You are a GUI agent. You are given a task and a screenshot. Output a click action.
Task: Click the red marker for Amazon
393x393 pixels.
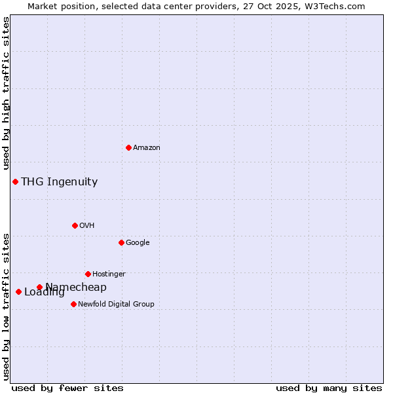pyautogui.click(x=128, y=147)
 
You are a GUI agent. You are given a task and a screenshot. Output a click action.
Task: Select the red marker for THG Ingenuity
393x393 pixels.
pyautogui.click(x=15, y=181)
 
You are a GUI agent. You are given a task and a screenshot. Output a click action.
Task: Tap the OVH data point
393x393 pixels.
pyautogui.click(x=75, y=225)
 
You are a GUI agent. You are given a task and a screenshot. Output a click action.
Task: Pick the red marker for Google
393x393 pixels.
pyautogui.click(x=121, y=242)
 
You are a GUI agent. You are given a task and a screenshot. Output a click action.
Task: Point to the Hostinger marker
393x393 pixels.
pyautogui.click(x=88, y=274)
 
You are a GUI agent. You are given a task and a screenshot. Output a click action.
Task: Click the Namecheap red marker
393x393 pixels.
pyautogui.click(x=39, y=287)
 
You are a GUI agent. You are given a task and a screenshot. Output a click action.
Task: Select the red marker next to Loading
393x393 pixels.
pyautogui.click(x=18, y=291)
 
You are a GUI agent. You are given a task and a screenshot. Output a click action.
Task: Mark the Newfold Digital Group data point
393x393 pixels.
pyautogui.click(x=73, y=304)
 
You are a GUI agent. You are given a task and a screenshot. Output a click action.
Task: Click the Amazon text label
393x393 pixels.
pyautogui.click(x=147, y=148)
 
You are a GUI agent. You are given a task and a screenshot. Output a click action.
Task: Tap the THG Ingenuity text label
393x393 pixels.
pyautogui.click(x=60, y=182)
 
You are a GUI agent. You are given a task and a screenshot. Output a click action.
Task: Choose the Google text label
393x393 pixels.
pyautogui.click(x=138, y=243)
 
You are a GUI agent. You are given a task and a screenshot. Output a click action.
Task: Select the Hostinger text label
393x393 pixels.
pyautogui.click(x=109, y=274)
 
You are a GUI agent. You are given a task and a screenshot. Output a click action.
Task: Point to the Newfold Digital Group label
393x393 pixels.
pyautogui.click(x=116, y=305)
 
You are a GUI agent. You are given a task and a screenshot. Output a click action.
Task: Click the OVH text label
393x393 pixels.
pyautogui.click(x=87, y=226)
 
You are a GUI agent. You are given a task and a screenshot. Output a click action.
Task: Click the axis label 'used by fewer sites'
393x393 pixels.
pyautogui.click(x=67, y=388)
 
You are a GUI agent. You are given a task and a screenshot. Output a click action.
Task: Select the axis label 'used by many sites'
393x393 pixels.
pyautogui.click(x=329, y=388)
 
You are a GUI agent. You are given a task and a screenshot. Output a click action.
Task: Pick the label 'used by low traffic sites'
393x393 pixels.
pyautogui.click(x=6, y=306)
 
